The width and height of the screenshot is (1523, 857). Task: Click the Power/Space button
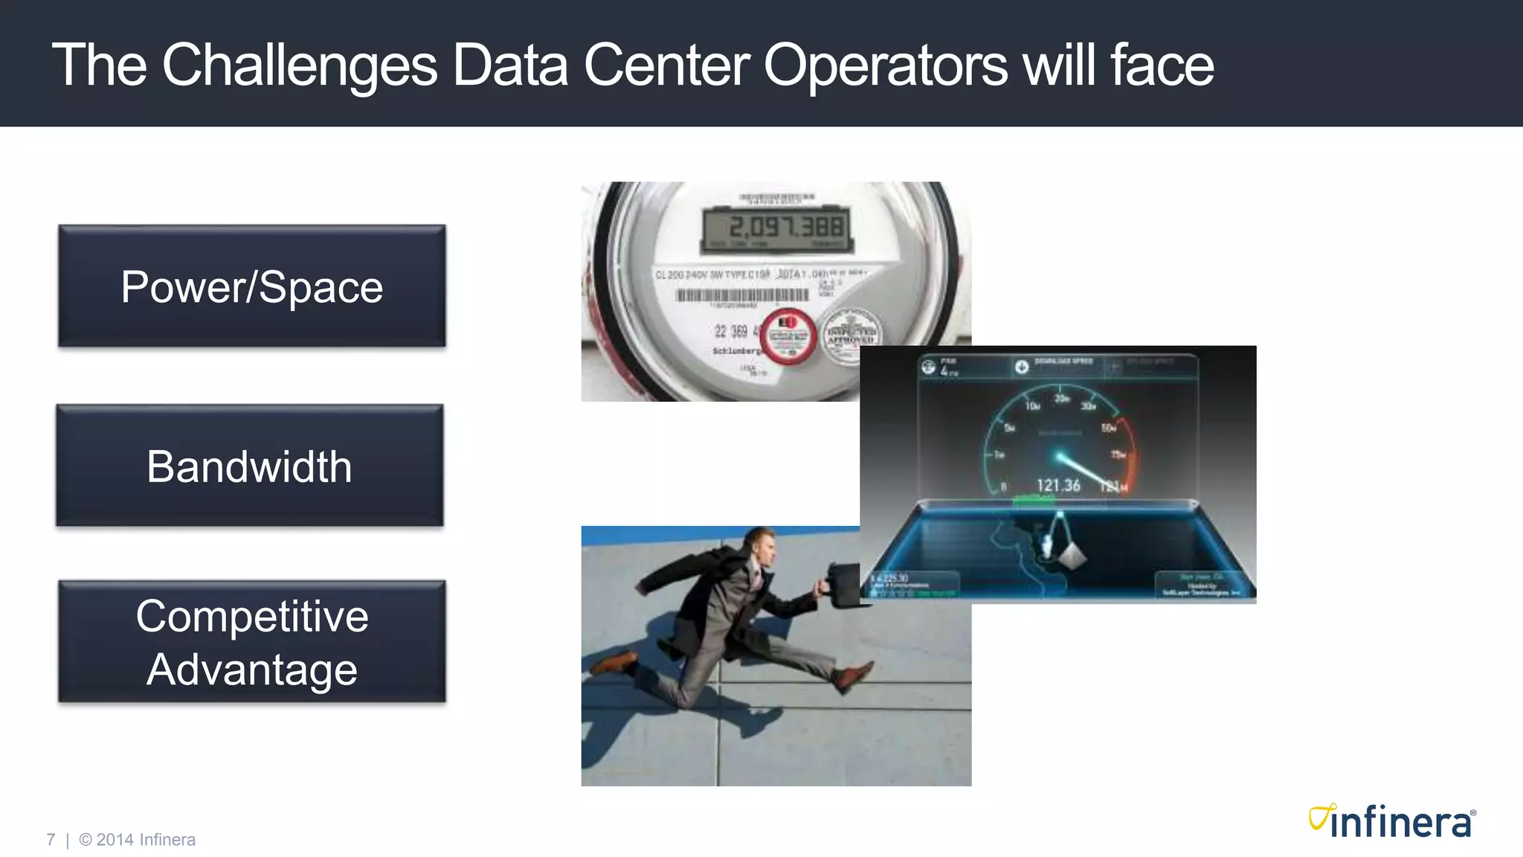coord(252,286)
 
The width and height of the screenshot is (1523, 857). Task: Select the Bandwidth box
coord(250,466)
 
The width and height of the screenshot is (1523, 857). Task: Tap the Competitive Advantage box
coord(252,642)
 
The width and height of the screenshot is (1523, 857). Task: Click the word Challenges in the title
coord(300,65)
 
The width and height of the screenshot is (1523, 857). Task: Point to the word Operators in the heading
coord(885,65)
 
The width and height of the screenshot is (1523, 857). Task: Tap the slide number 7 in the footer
coord(51,840)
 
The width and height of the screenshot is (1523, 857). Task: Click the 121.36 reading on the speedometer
coord(1058,486)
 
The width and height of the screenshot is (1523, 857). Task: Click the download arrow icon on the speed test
coord(1022,367)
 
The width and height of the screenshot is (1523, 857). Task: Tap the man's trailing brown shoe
coord(614,661)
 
